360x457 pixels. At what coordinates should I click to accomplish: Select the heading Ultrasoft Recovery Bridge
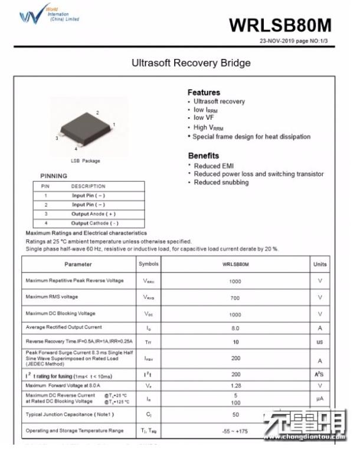(x=191, y=63)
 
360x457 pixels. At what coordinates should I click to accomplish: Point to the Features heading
(x=204, y=93)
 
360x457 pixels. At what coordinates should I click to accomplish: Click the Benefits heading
(x=204, y=156)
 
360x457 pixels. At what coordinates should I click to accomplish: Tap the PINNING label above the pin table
(x=54, y=176)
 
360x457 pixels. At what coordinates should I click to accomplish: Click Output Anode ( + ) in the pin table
(x=94, y=214)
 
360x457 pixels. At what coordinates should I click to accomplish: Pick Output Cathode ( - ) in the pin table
(x=94, y=223)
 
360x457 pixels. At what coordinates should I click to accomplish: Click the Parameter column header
(x=78, y=265)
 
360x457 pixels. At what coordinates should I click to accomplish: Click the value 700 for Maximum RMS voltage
(x=235, y=298)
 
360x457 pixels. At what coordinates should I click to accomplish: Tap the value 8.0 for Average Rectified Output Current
(x=235, y=328)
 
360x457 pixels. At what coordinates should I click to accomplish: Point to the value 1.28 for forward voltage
(x=235, y=386)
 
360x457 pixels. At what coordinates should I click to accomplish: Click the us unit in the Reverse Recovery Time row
(x=320, y=342)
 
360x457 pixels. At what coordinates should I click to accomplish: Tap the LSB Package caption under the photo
(x=86, y=161)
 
